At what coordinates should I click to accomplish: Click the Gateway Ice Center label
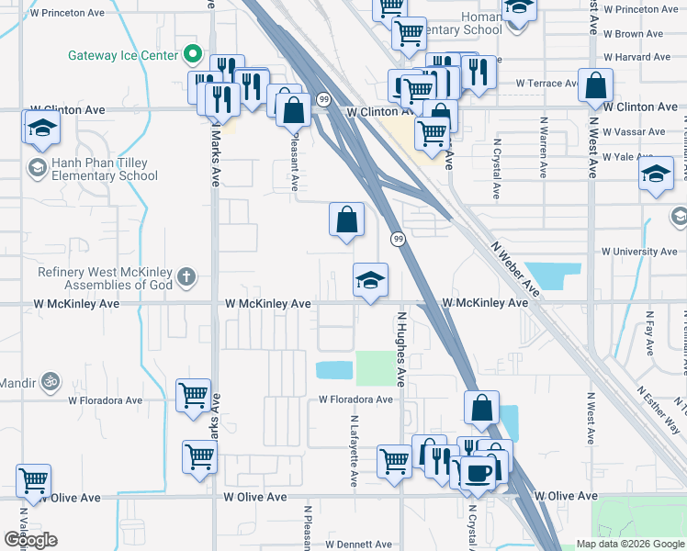click(121, 55)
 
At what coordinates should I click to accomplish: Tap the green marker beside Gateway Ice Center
click(193, 54)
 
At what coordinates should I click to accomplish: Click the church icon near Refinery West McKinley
click(186, 275)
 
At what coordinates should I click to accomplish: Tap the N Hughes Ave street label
click(400, 349)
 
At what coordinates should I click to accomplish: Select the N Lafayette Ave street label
click(354, 450)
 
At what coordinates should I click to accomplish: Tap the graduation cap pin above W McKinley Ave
click(371, 281)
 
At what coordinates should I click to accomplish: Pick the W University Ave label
click(639, 252)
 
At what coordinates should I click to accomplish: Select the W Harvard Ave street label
click(639, 57)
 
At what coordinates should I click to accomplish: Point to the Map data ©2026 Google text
click(628, 544)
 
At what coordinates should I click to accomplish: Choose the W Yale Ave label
click(634, 157)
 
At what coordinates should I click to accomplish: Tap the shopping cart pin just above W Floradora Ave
click(193, 396)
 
